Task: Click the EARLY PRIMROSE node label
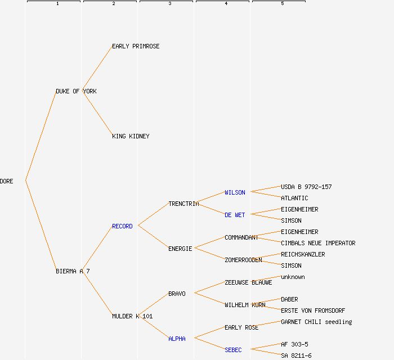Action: click(x=136, y=46)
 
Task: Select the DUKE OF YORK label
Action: click(x=76, y=91)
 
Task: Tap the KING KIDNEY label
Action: click(x=131, y=136)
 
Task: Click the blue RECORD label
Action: click(x=122, y=226)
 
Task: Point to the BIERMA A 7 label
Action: click(x=73, y=271)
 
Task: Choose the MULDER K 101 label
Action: click(x=132, y=316)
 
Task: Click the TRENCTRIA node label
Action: click(x=183, y=204)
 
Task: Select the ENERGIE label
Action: click(x=180, y=249)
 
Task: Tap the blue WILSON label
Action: click(x=235, y=192)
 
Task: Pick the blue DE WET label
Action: click(x=235, y=215)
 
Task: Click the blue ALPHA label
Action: click(x=177, y=339)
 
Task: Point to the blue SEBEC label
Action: click(x=233, y=350)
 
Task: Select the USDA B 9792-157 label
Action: click(x=306, y=187)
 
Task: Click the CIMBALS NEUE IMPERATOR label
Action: click(x=318, y=243)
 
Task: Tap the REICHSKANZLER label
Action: click(x=303, y=254)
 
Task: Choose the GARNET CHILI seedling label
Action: click(x=316, y=322)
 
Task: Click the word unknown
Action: click(x=293, y=277)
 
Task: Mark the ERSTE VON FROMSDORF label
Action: click(x=313, y=310)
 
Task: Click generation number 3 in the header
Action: click(x=169, y=4)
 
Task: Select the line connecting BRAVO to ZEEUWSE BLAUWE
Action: click(x=209, y=287)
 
